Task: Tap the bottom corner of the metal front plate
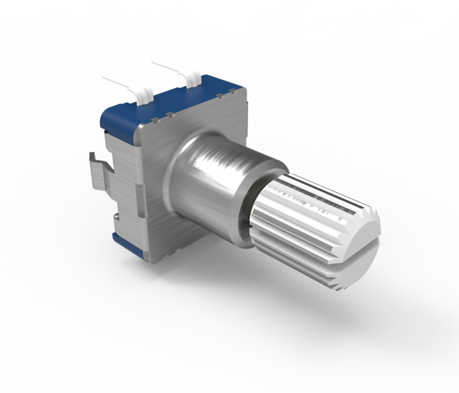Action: tap(157, 258)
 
